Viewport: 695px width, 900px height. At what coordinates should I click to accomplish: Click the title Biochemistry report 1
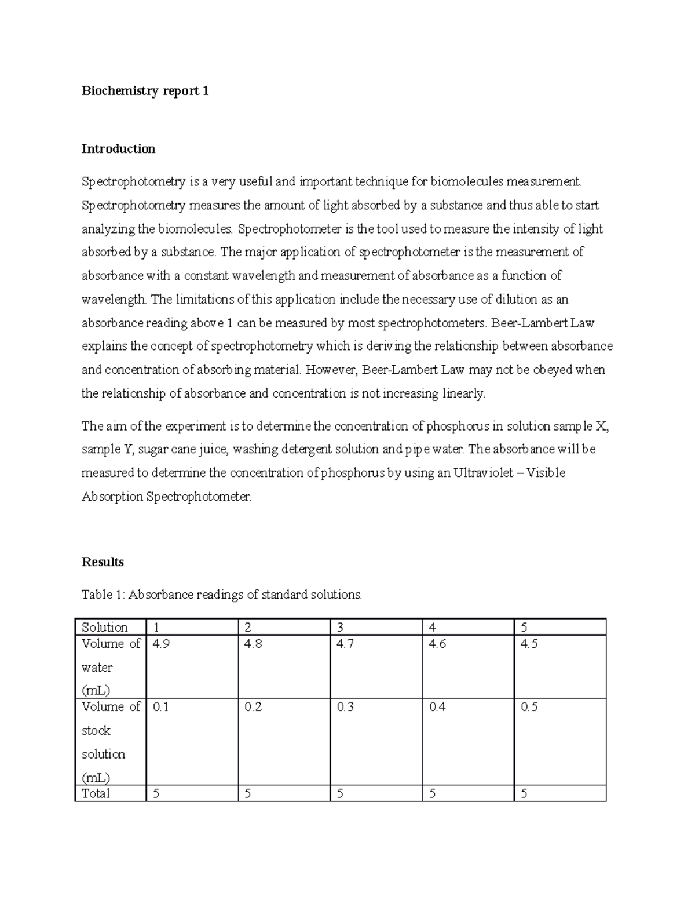pos(145,91)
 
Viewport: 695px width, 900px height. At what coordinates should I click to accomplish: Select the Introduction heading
pos(118,149)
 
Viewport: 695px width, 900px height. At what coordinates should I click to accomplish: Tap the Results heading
pos(103,562)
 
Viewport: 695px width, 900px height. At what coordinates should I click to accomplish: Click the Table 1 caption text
pos(221,595)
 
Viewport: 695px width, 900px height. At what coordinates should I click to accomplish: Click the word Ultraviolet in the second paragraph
pos(483,473)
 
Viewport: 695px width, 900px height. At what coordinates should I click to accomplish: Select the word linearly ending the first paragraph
pos(464,394)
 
